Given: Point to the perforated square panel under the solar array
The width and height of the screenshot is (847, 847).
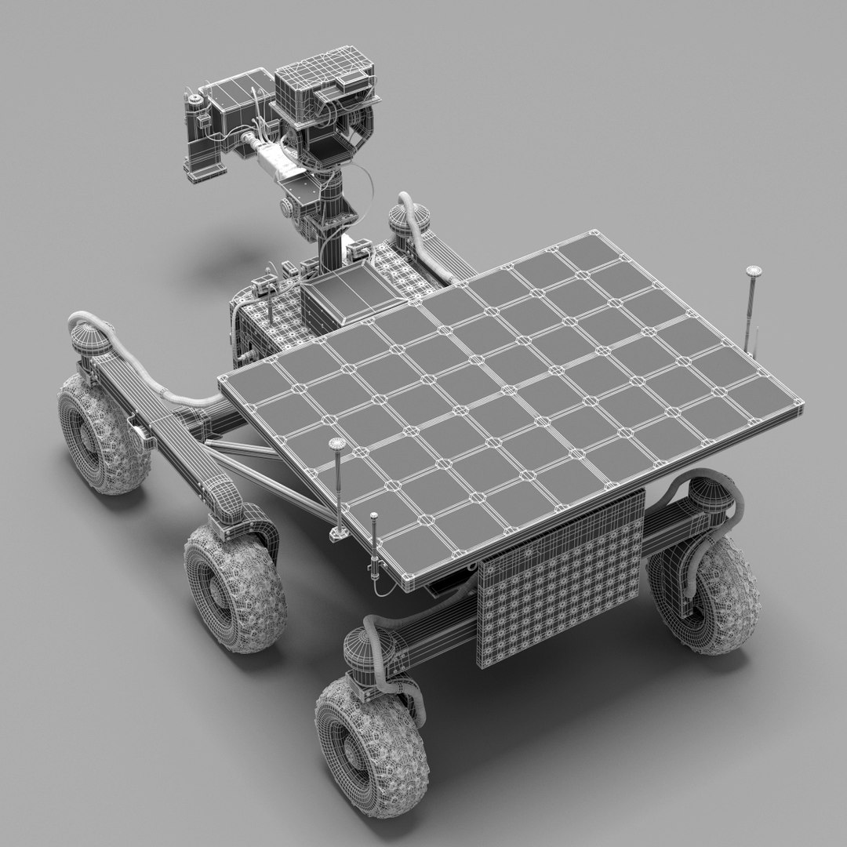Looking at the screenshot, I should pos(560,581).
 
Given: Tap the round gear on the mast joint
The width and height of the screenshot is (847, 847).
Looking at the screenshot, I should pos(288,209).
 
